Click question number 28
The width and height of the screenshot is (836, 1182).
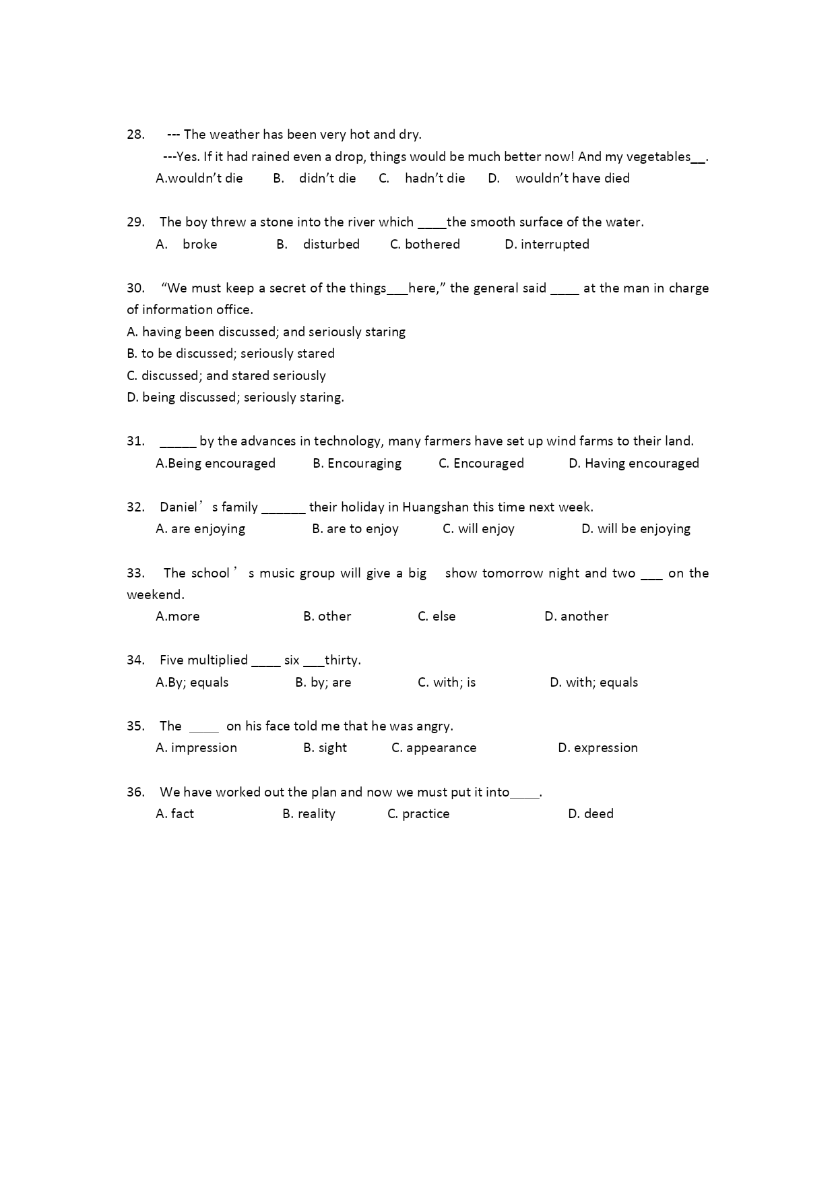135,134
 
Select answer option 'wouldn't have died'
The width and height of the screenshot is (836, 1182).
572,179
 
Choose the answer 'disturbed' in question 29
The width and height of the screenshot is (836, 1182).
331,244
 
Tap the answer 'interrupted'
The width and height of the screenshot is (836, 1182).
554,244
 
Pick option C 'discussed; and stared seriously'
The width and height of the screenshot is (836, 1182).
226,375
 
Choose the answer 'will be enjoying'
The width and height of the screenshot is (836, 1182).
643,528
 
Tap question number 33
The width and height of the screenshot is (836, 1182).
135,573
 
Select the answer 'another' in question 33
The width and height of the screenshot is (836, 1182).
584,616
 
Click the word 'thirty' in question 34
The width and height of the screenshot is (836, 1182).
342,660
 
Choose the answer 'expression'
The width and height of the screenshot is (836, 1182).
605,747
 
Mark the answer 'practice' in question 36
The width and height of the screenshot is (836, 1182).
425,813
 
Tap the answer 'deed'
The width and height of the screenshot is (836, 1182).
598,813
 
